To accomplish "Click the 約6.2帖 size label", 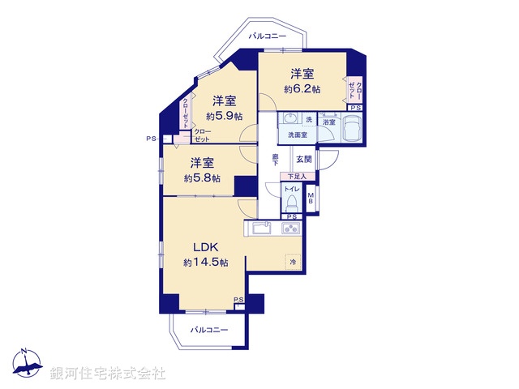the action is [x=302, y=88].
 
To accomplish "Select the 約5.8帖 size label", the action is [x=201, y=177].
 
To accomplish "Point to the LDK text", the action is [x=204, y=247].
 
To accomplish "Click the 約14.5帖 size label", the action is [x=204, y=263].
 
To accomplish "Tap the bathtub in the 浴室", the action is [x=353, y=130].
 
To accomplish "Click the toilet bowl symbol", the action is [x=290, y=200].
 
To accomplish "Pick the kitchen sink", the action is [x=261, y=229].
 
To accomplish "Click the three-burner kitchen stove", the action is [x=291, y=229].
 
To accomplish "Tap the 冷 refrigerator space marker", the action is [x=292, y=262].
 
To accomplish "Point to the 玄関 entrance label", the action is [x=302, y=159].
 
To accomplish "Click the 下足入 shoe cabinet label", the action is [x=294, y=176].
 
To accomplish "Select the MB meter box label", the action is [x=312, y=199].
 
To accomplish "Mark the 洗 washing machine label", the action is [x=308, y=120].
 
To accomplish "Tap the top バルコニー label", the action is [x=267, y=36].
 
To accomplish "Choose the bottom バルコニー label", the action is [x=209, y=330].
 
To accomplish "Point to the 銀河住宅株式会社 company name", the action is [x=108, y=374].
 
